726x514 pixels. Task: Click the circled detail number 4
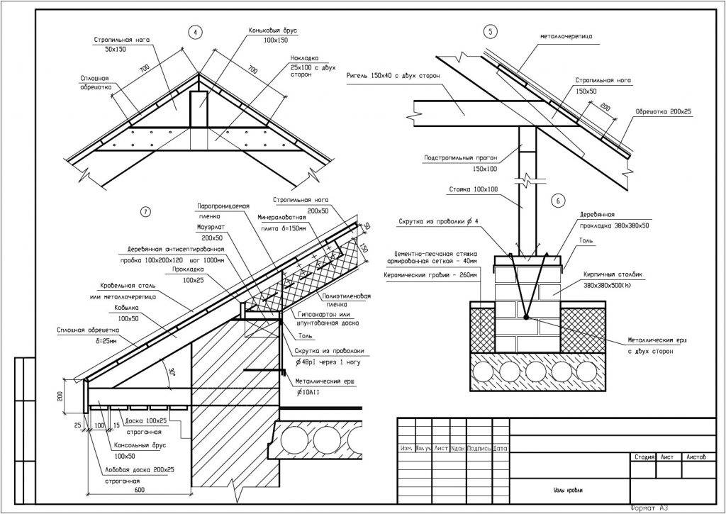pyautogui.click(x=194, y=31)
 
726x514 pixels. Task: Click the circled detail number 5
pyautogui.click(x=490, y=30)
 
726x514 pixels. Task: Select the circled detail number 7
pyautogui.click(x=145, y=211)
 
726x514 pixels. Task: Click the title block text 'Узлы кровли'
pyautogui.click(x=564, y=490)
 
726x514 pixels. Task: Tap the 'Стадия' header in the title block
pyautogui.click(x=644, y=457)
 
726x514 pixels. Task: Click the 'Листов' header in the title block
pyautogui.click(x=696, y=457)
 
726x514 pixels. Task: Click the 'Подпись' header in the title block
pyautogui.click(x=479, y=448)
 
